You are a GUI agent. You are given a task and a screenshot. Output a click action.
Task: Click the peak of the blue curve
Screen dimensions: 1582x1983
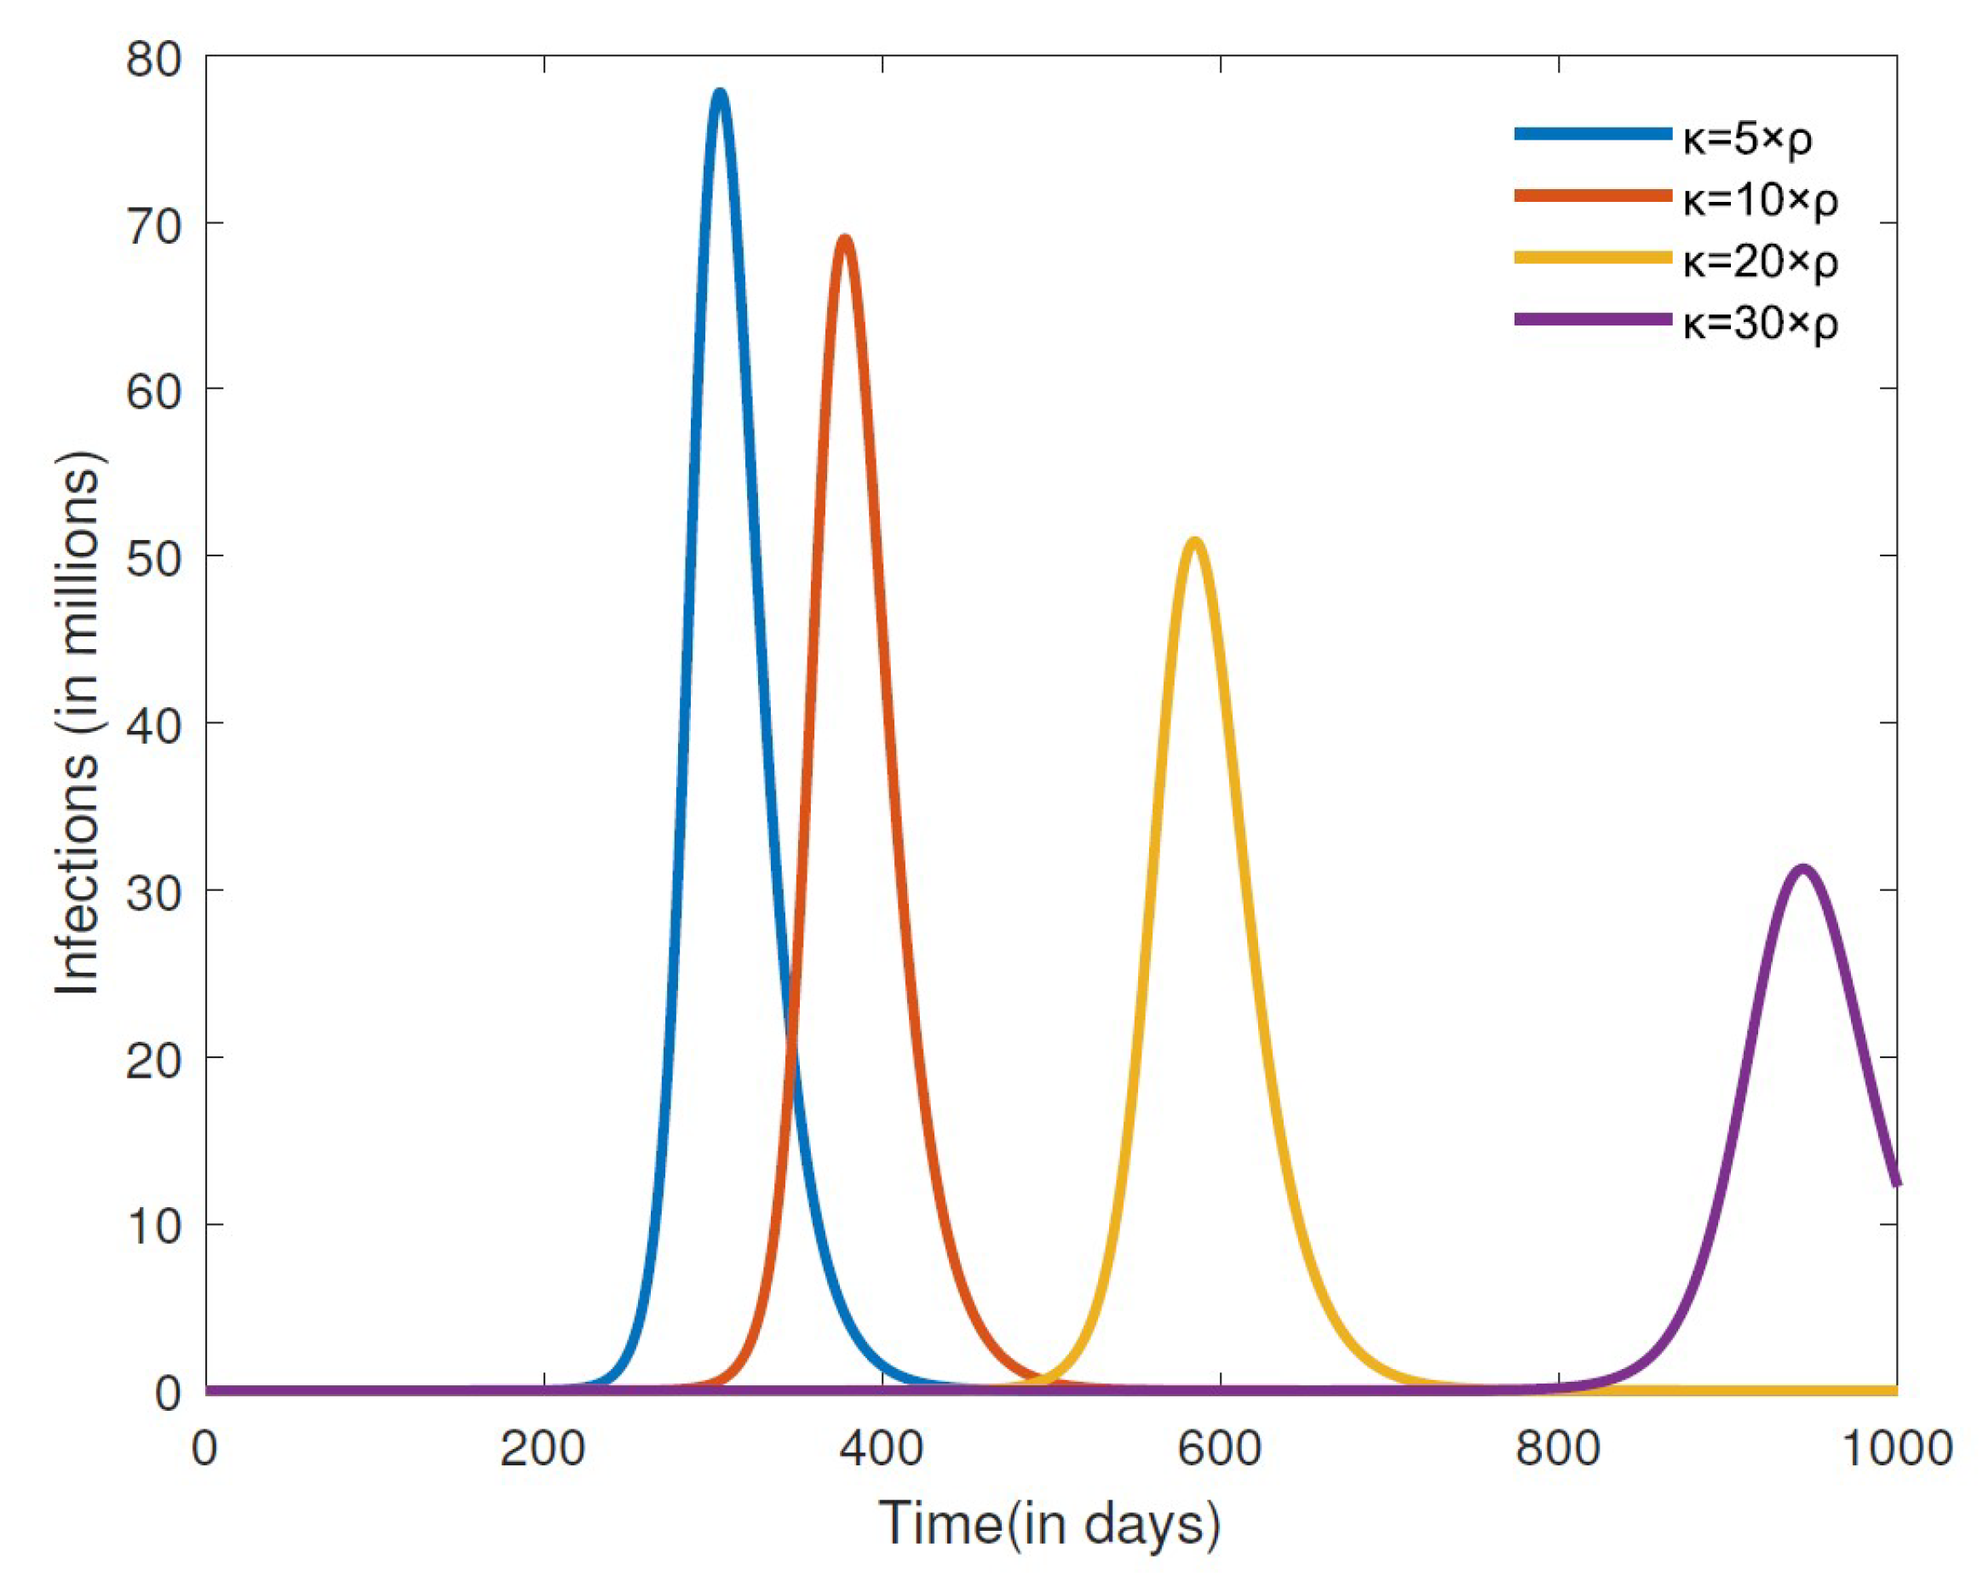coord(720,92)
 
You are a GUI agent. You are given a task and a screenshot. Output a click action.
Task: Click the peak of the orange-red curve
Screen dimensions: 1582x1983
coord(844,239)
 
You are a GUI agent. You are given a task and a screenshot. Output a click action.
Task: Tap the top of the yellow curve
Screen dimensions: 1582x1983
coord(1194,541)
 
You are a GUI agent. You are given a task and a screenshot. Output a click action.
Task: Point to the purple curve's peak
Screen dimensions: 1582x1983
coord(1803,868)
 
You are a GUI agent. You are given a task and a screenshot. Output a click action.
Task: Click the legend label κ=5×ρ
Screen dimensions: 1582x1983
coord(1748,138)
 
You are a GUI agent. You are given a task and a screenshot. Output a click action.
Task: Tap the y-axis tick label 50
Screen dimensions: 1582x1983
coord(154,557)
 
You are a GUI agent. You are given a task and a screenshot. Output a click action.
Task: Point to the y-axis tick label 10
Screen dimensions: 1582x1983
coord(154,1226)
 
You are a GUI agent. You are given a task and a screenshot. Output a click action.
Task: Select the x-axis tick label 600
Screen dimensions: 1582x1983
coord(1221,1448)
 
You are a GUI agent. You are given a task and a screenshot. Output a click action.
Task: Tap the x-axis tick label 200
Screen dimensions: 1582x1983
coord(543,1448)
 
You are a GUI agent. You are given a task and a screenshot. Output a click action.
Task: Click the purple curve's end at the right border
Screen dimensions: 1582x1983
coord(1895,1184)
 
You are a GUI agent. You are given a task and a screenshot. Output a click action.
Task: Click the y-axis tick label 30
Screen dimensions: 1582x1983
coord(154,892)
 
